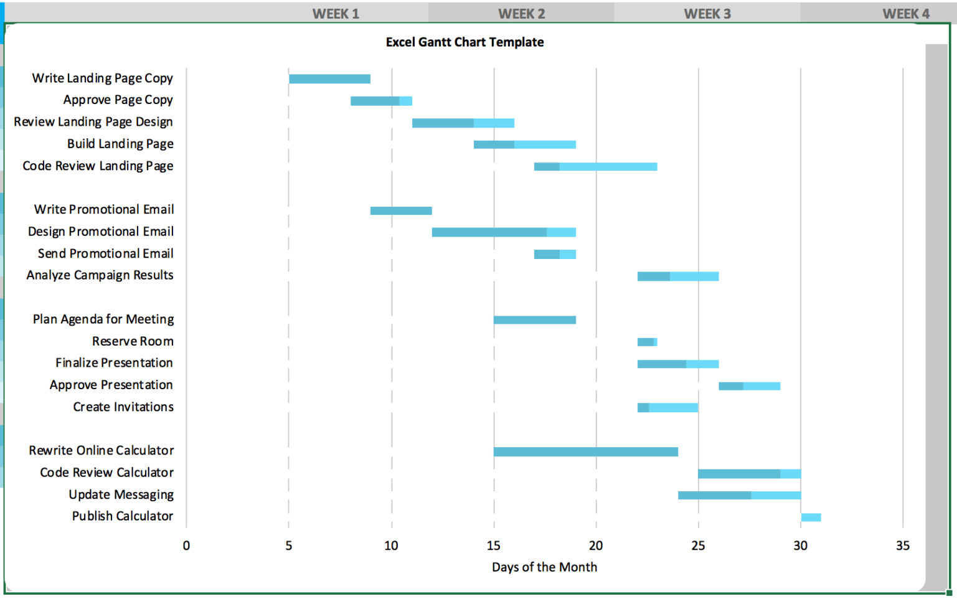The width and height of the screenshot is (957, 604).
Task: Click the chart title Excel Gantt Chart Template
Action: [464, 42]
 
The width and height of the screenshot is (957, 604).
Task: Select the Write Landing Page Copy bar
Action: [329, 79]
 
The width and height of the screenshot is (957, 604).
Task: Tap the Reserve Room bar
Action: [647, 342]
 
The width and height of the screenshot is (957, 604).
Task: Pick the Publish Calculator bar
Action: [811, 517]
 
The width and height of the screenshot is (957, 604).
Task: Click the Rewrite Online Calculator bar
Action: [585, 451]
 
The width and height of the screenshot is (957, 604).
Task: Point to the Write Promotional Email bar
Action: [401, 210]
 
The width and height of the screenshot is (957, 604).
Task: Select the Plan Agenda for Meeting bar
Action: [534, 320]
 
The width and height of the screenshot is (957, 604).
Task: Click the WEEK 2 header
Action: [521, 14]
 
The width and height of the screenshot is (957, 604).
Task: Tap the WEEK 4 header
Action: [905, 14]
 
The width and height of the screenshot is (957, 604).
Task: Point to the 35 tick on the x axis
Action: [902, 546]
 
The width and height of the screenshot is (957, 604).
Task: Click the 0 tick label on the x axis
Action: [186, 546]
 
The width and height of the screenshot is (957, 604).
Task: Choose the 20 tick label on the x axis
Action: [596, 546]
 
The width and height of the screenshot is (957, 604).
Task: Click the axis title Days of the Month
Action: [544, 567]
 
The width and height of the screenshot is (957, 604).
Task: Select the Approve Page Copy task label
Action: [118, 100]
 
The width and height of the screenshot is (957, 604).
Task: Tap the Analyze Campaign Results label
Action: [100, 275]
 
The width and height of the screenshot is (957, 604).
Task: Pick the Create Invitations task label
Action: [123, 407]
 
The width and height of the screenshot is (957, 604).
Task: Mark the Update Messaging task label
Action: [121, 495]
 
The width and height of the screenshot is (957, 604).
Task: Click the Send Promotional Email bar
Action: [555, 254]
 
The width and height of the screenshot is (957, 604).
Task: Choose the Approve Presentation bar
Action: [749, 386]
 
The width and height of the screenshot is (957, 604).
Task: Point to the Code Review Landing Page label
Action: [98, 166]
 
